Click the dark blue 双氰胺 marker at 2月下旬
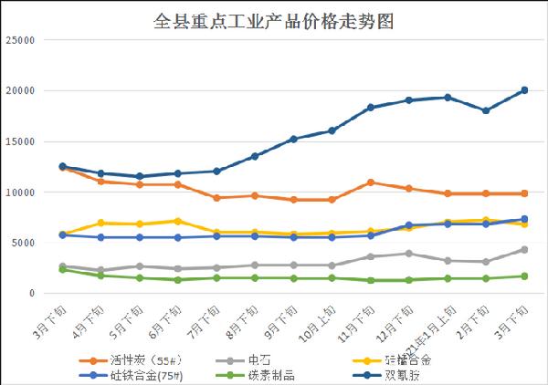(x=486, y=110)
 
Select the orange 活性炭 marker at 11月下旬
(x=371, y=182)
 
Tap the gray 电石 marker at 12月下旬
(x=409, y=254)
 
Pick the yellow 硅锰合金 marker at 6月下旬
(x=178, y=221)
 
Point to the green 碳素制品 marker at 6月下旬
(x=178, y=280)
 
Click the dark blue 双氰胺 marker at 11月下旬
(x=371, y=108)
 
